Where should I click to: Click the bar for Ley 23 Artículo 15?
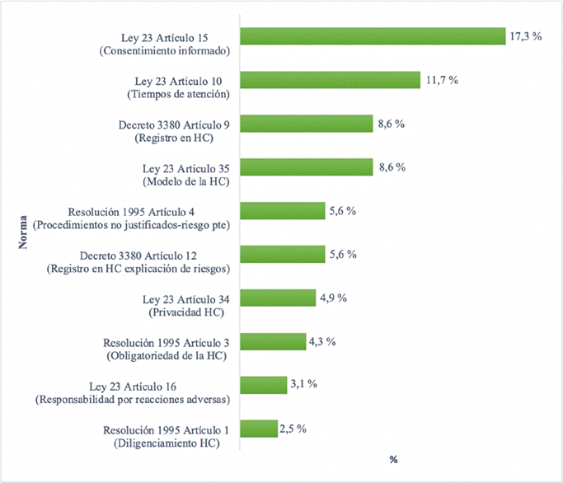(x=372, y=36)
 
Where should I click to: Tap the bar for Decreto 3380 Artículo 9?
(x=307, y=124)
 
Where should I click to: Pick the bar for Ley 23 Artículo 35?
(x=307, y=167)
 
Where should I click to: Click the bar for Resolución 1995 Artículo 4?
(x=283, y=211)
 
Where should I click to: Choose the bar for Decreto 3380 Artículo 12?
(x=283, y=254)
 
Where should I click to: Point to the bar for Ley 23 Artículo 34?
(x=278, y=298)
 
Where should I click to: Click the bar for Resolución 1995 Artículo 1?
(x=259, y=429)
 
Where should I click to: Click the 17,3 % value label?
(x=525, y=38)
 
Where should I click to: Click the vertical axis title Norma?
(x=25, y=233)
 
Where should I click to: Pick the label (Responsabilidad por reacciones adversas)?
(x=132, y=400)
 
